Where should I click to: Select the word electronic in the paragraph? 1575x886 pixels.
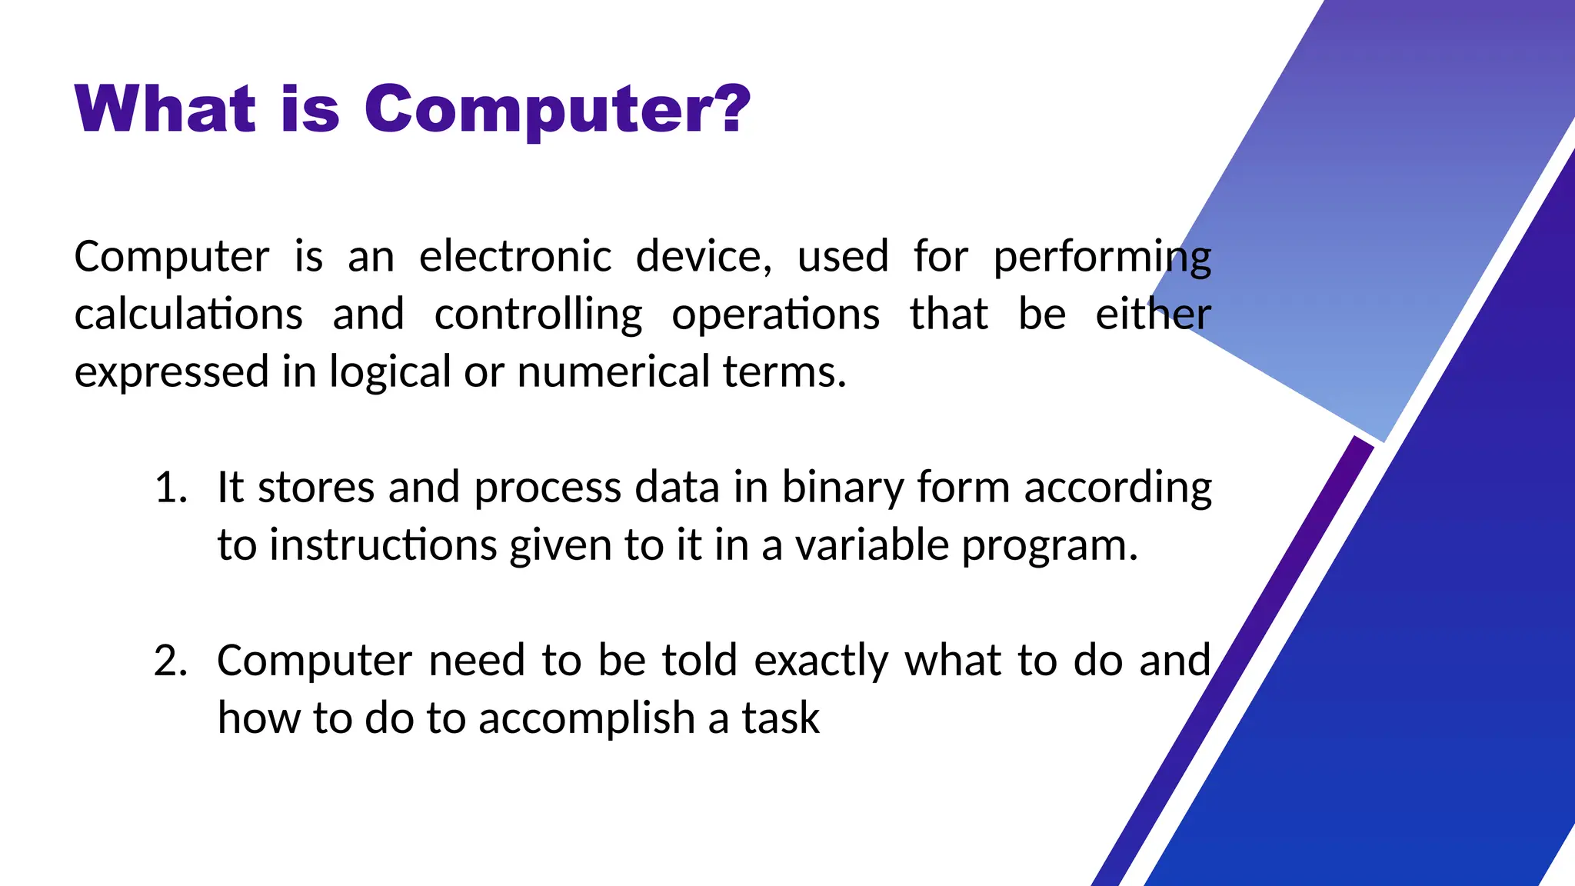(x=514, y=256)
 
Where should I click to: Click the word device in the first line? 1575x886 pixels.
(x=703, y=256)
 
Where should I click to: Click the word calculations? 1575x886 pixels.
(x=188, y=315)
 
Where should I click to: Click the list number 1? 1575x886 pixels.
(x=170, y=488)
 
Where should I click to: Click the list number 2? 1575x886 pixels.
(x=170, y=661)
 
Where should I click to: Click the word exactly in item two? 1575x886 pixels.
(x=821, y=661)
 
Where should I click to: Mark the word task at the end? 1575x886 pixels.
(x=780, y=718)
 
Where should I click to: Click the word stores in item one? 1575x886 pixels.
(x=315, y=488)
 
